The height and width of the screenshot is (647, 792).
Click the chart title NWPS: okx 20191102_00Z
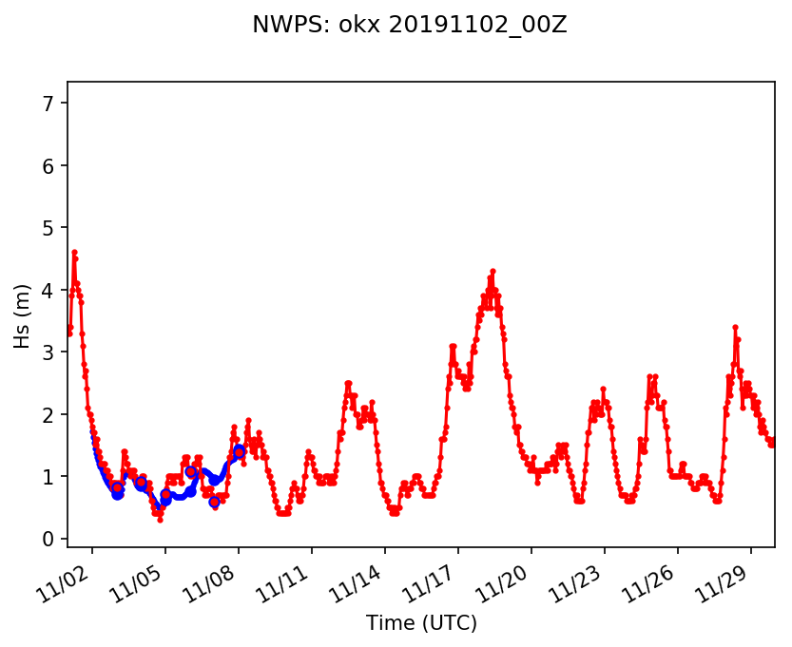(409, 26)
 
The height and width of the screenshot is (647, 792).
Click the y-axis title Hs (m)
(22, 314)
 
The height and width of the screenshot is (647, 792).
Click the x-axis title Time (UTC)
(421, 623)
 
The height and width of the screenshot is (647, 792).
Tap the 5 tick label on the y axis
(53, 227)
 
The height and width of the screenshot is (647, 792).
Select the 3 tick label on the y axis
(53, 352)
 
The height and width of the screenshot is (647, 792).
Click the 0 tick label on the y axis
(53, 539)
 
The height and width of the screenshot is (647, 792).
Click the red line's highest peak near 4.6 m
(74, 252)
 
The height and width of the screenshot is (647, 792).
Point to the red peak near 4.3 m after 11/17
(493, 271)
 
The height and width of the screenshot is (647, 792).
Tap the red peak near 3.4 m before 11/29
(735, 327)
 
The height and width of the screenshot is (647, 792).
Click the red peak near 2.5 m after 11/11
(348, 383)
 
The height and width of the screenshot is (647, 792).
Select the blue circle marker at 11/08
(239, 452)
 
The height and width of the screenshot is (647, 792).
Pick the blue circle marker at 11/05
(165, 495)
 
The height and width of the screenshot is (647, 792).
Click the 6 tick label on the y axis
(53, 165)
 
